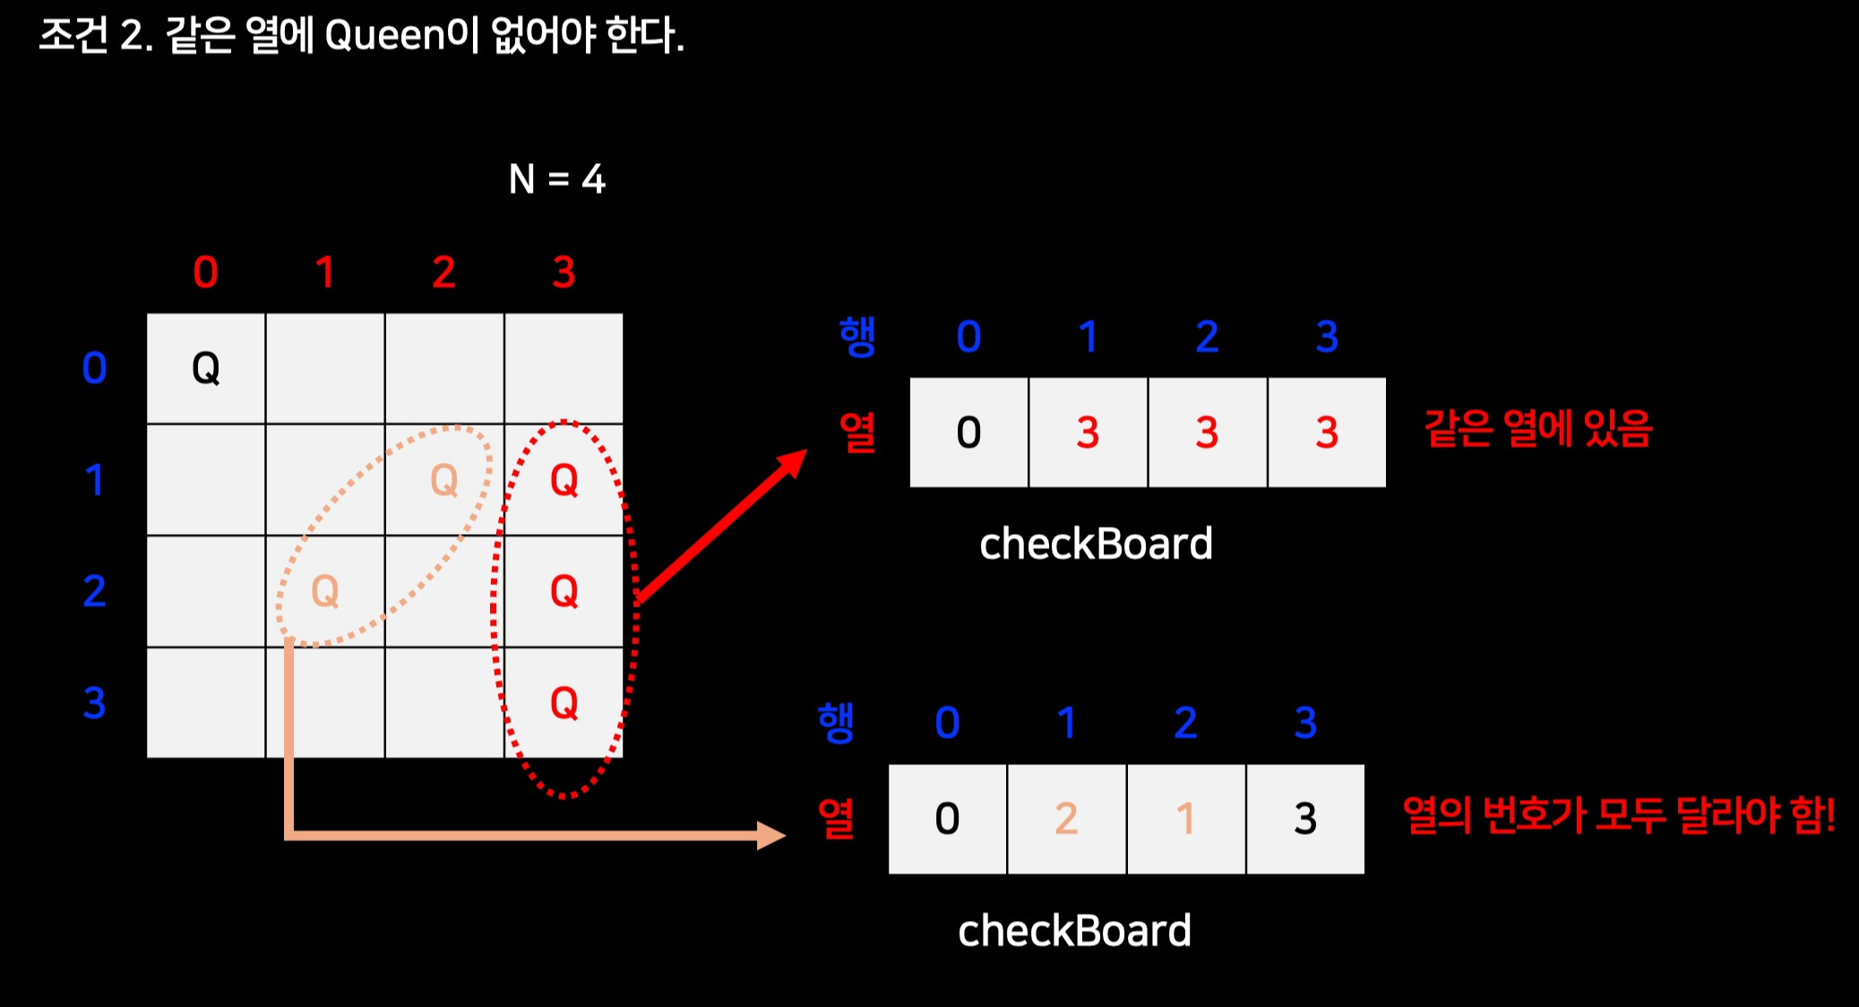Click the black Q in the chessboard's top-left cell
tap(206, 367)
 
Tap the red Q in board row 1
tap(564, 480)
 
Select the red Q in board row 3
tap(564, 703)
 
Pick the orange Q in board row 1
tap(444, 480)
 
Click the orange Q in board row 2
tap(324, 591)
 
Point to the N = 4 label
tap(556, 179)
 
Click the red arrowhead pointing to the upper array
tap(792, 463)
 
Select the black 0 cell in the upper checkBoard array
tap(968, 433)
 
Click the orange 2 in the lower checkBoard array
tap(1066, 819)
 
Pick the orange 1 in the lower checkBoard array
tap(1185, 819)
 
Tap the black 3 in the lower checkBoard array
tap(1305, 819)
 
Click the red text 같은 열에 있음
tap(1537, 428)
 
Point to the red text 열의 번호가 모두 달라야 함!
tap(1618, 815)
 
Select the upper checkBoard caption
tap(1096, 544)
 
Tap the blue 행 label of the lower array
tap(836, 723)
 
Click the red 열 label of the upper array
tap(857, 433)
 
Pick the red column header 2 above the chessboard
tap(443, 272)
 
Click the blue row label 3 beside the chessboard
tap(94, 703)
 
